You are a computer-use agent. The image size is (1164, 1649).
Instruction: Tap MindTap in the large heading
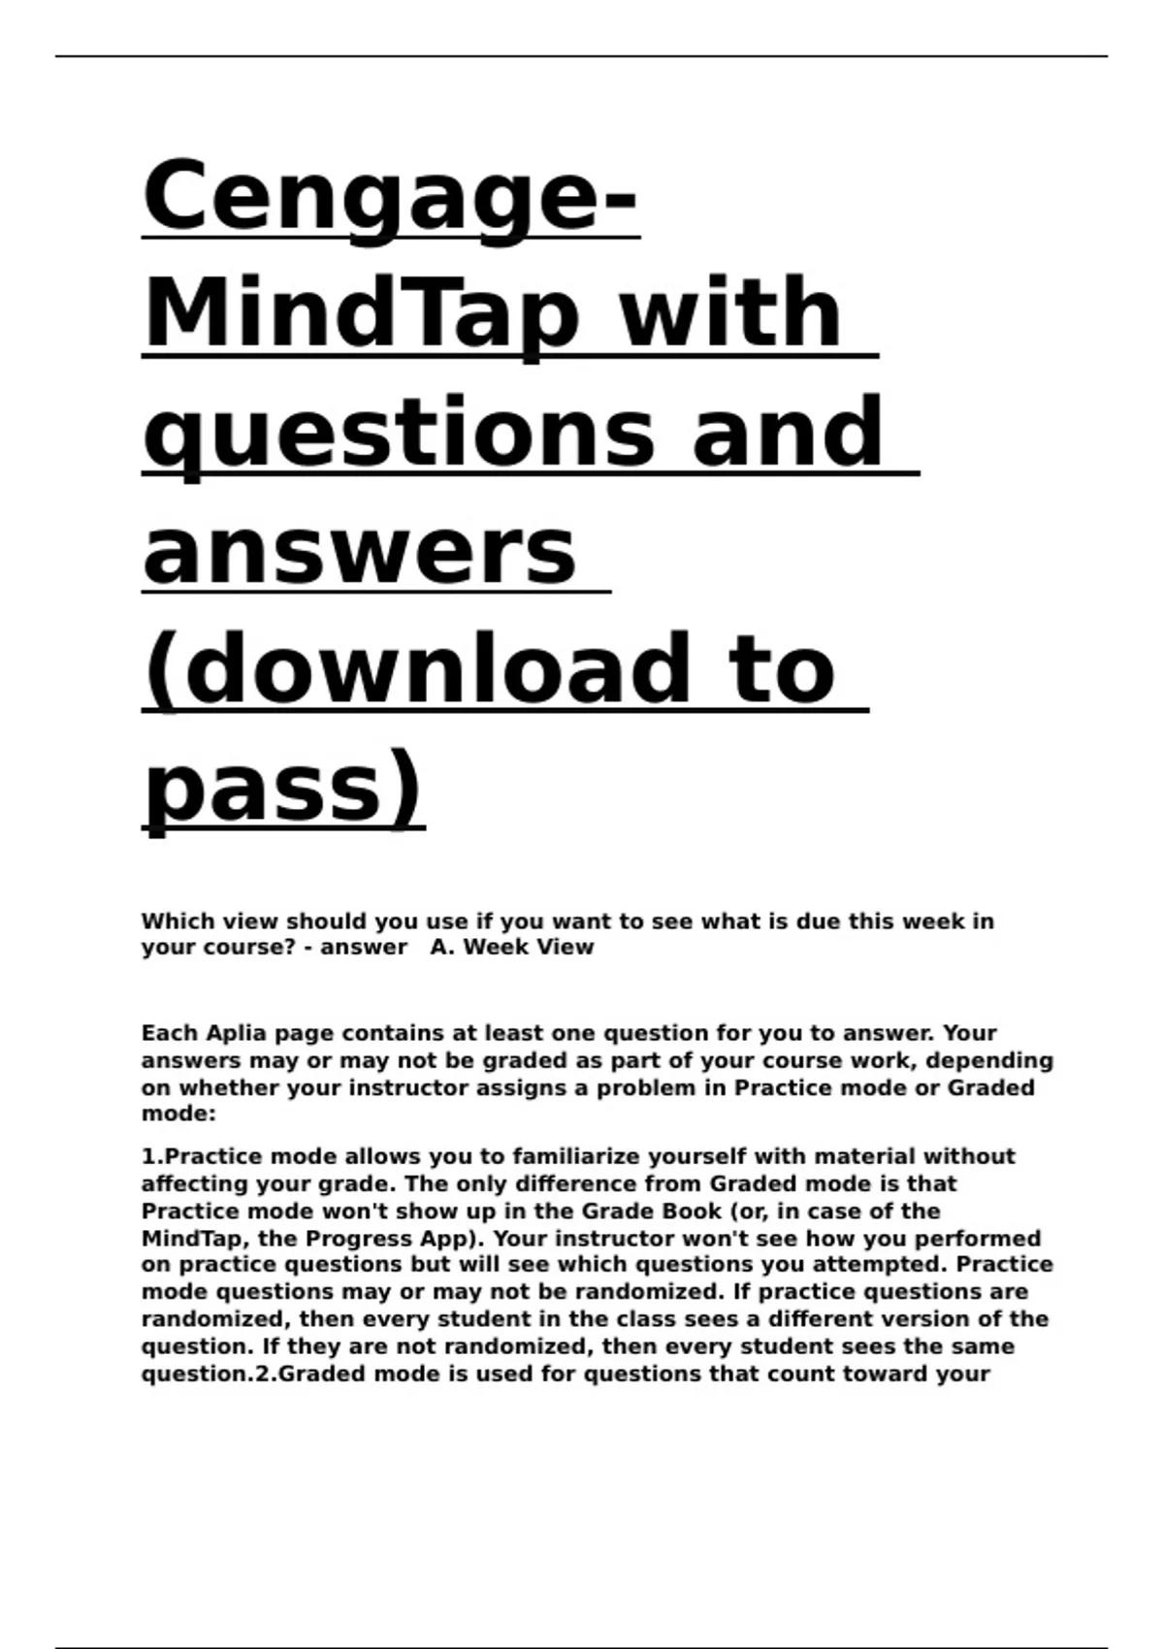click(x=362, y=315)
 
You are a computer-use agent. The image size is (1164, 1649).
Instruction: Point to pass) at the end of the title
click(x=283, y=788)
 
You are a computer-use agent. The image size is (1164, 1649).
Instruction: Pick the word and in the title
click(x=787, y=433)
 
